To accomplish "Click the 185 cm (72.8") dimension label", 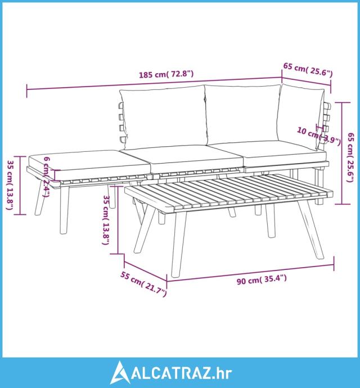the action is [x=166, y=74].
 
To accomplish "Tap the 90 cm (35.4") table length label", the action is [x=262, y=279].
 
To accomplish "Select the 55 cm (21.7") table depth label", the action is [x=143, y=284].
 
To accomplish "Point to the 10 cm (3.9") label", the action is [x=318, y=136].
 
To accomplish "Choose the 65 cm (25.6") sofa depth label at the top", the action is [x=308, y=70].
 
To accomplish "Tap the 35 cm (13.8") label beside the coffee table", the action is [x=107, y=220].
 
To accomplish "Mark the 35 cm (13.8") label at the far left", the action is [x=10, y=185].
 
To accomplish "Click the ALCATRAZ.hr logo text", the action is [x=181, y=373].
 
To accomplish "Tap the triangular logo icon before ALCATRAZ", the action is [x=120, y=372].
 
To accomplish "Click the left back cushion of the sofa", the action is [x=163, y=118].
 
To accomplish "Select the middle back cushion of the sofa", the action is [x=243, y=115].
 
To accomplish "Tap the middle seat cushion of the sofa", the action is [x=196, y=159].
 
